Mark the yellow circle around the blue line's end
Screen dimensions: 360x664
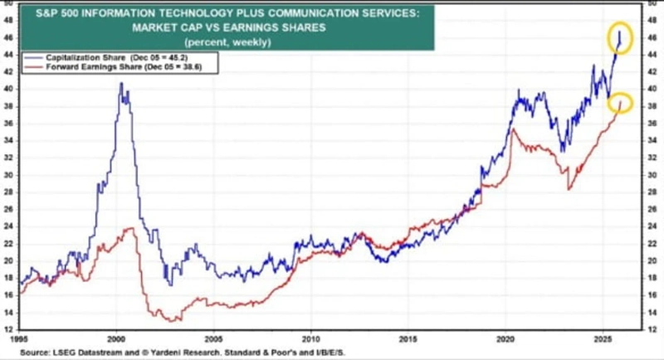click(x=619, y=37)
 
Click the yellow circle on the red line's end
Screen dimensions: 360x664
click(x=620, y=103)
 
